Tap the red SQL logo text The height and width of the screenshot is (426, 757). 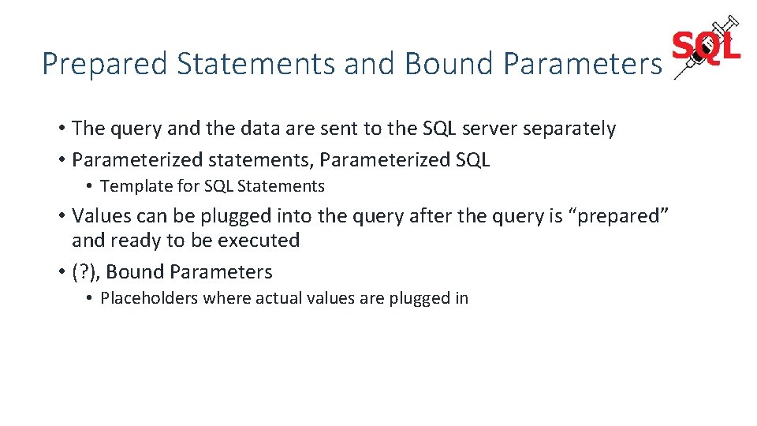[707, 48]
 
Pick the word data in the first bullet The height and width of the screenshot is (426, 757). [247, 129]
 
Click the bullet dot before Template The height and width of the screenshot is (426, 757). [91, 187]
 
